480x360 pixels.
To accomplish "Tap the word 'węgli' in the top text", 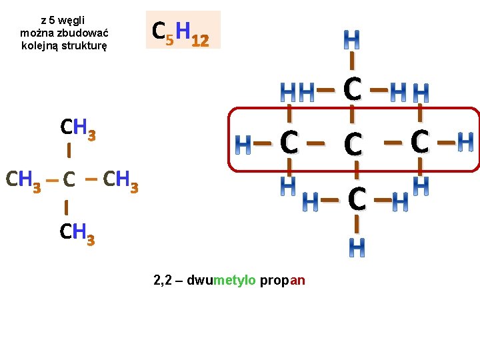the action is point(71,21).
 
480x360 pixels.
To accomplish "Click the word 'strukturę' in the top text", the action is point(84,46).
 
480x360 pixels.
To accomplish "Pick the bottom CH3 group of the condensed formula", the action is point(77,234).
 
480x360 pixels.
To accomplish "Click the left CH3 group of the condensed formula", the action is point(23,181).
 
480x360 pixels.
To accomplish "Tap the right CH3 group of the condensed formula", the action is point(121,181).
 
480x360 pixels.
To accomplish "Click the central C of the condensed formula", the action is point(69,179).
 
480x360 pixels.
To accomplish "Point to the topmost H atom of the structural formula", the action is point(351,39).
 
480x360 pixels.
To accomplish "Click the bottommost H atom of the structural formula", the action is point(357,247).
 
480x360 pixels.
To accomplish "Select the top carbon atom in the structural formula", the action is point(353,89).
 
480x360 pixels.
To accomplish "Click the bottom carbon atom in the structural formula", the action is point(357,199).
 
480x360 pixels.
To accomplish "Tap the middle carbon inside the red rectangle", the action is point(353,144).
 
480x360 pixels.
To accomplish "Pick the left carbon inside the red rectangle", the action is point(289,142).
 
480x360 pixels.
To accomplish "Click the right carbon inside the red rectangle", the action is point(420,141).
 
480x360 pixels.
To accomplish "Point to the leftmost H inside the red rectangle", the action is point(243,145).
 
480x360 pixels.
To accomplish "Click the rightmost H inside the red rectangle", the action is point(465,142).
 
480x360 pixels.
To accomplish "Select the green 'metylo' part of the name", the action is point(234,280).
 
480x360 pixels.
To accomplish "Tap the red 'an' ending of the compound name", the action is point(297,281).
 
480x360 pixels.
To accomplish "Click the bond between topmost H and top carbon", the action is point(352,61).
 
